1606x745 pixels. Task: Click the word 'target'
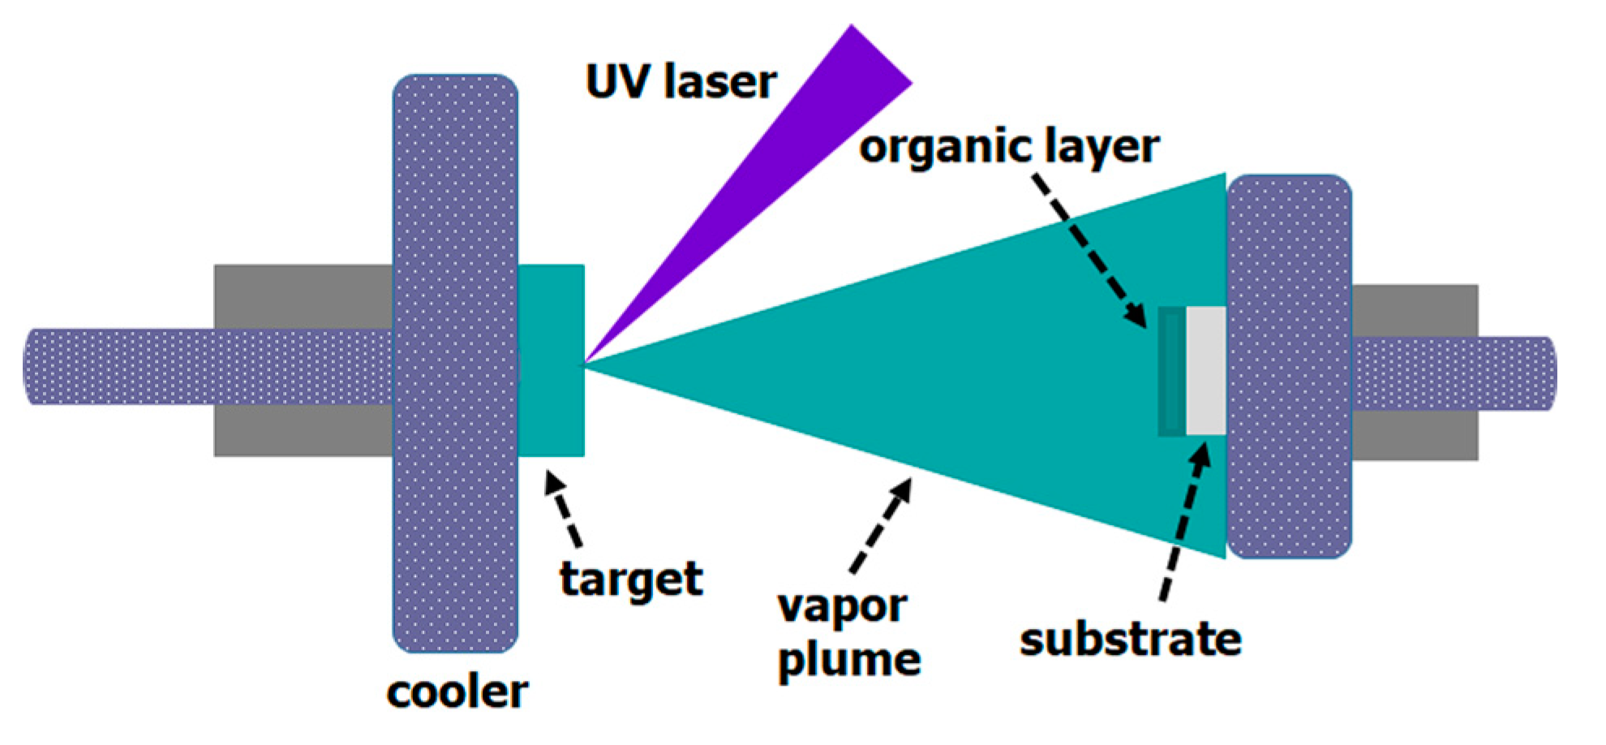tap(630, 579)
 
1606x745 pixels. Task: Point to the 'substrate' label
tap(1130, 639)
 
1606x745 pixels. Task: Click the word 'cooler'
tap(457, 692)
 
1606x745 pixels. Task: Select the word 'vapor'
tap(841, 607)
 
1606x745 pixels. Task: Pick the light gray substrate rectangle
tap(1205, 371)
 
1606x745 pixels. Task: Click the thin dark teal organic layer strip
tap(1171, 371)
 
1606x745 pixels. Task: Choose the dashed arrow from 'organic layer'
tap(1091, 252)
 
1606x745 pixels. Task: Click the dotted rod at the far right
tap(1452, 373)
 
